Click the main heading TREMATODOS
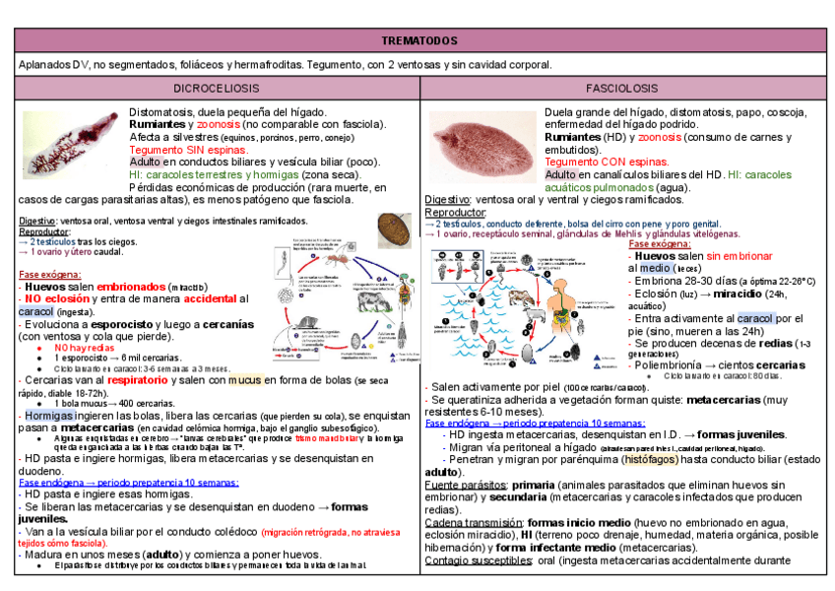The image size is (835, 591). point(418,40)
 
